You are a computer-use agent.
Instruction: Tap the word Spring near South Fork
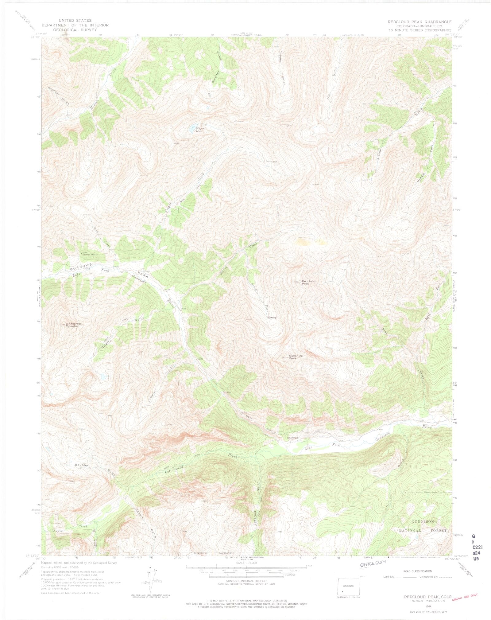[272, 318]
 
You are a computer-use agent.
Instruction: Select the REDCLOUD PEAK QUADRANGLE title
[419, 22]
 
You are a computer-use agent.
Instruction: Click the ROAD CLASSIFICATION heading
[419, 571]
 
